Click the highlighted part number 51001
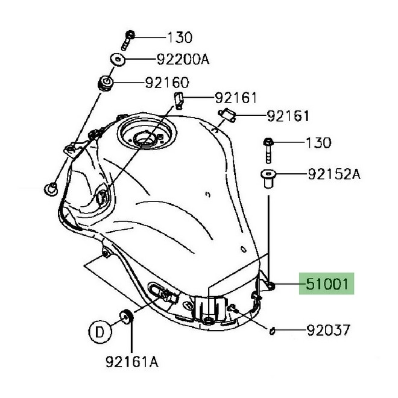tap(327, 284)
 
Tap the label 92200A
tap(183, 60)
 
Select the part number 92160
tap(167, 83)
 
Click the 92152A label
tap(334, 174)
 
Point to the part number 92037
tap(329, 330)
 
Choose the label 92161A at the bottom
tap(132, 361)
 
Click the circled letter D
tap(100, 332)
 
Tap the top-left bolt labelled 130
tap(128, 40)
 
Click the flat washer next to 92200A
tap(118, 60)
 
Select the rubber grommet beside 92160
tap(106, 83)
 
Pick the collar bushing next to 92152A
tap(268, 178)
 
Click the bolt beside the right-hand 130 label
tap(268, 150)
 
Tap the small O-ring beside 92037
tap(272, 331)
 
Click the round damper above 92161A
tap(127, 317)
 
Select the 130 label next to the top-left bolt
tap(180, 37)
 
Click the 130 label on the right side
tap(318, 143)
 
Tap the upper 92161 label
tap(236, 98)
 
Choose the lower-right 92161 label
tap(288, 116)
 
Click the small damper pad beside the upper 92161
tap(179, 100)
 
